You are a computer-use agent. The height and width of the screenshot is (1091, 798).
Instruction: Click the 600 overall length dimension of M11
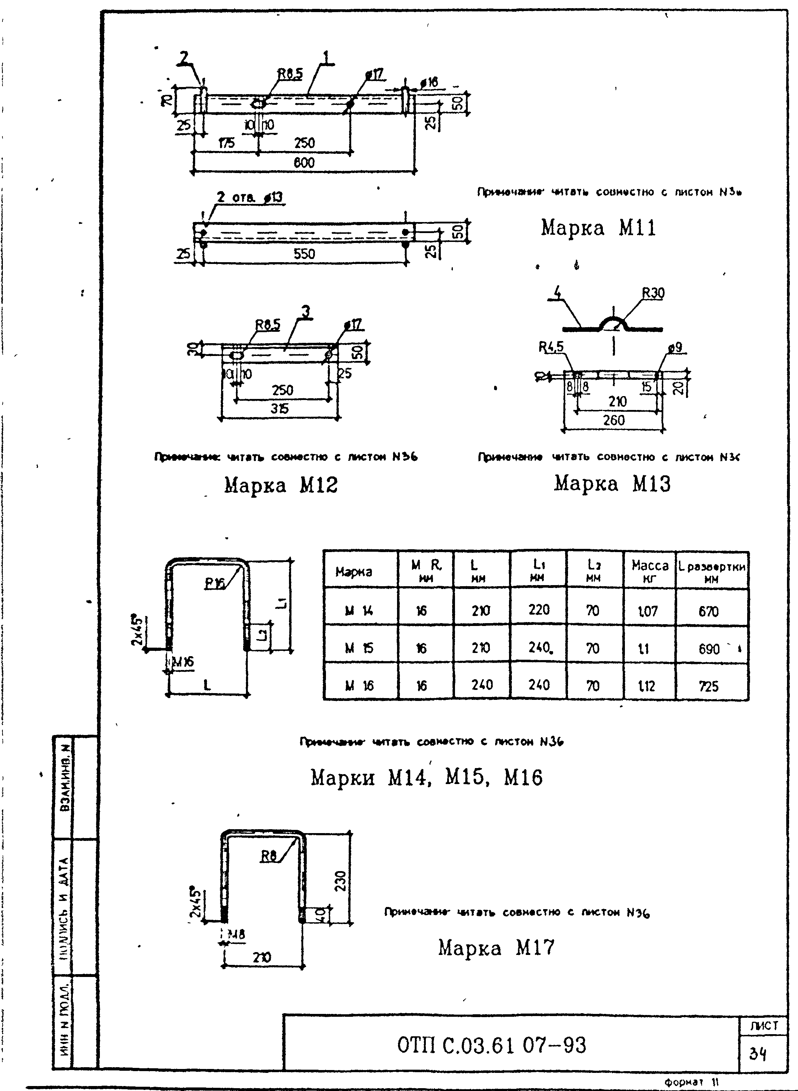[x=304, y=163]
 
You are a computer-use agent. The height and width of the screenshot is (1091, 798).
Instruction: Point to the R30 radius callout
[x=653, y=293]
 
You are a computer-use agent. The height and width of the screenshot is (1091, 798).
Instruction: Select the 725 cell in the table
[x=709, y=686]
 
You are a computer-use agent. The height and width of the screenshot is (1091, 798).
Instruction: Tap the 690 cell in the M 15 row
[x=709, y=649]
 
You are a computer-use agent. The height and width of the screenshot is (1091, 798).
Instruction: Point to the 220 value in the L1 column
[x=539, y=610]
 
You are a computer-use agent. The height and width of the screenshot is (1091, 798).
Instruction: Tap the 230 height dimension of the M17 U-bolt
[x=341, y=881]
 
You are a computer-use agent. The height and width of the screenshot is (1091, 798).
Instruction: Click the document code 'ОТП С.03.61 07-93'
[x=491, y=1045]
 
